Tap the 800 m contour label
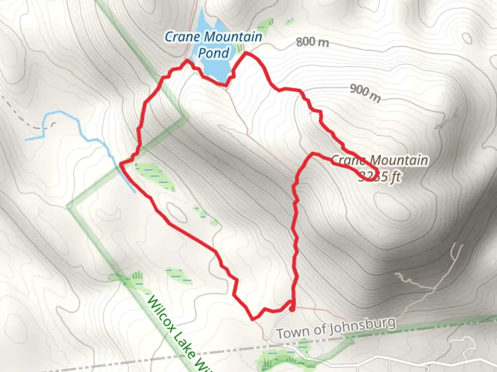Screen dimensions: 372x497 [x=312, y=42]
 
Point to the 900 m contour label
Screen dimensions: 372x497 [x=366, y=93]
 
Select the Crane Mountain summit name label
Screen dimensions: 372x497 [x=380, y=160]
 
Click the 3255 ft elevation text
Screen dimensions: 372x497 [x=380, y=176]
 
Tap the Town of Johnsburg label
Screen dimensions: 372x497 [x=336, y=328]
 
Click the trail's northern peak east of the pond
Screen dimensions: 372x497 [x=246, y=53]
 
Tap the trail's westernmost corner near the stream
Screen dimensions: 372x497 [x=120, y=163]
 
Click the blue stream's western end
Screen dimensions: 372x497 [x=26, y=140]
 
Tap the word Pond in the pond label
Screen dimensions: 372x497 [x=213, y=53]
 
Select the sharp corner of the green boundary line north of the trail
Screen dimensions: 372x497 [x=188, y=118]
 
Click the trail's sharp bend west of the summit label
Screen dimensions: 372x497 [x=313, y=153]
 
